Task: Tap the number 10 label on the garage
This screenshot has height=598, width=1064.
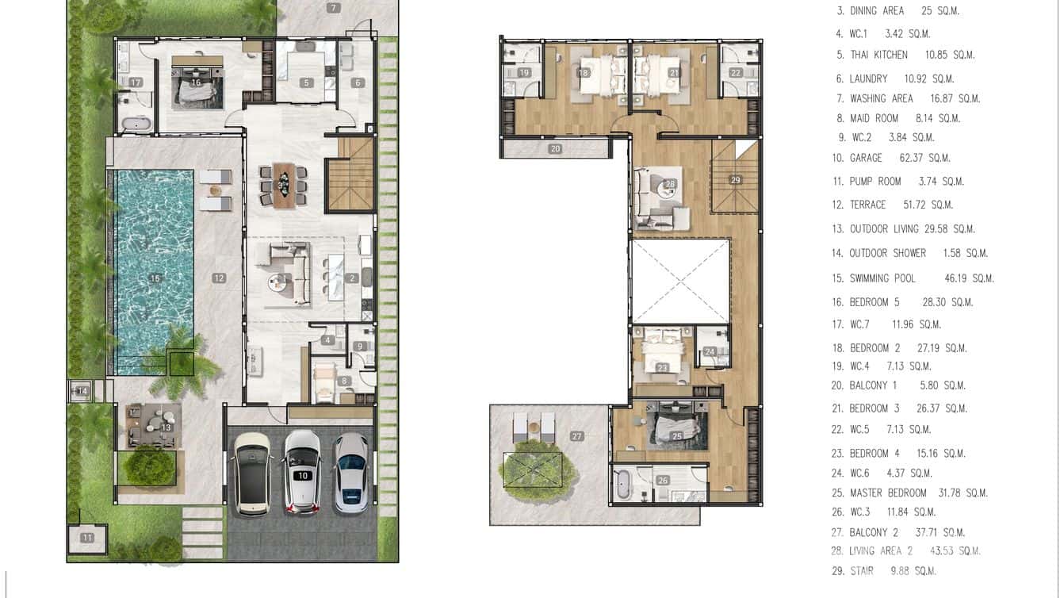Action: coord(302,475)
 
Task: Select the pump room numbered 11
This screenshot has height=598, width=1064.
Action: coord(86,538)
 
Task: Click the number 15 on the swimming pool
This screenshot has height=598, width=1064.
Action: coord(155,278)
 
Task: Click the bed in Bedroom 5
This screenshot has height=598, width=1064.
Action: coord(195,87)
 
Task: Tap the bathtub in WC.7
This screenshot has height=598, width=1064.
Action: coord(136,123)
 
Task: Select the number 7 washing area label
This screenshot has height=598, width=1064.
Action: coord(333,8)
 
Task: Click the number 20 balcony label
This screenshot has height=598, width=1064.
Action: coord(555,148)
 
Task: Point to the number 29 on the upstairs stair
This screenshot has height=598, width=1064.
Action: coord(735,180)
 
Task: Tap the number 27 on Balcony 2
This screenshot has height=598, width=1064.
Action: coord(576,436)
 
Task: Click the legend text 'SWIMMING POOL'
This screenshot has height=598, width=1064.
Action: coord(882,278)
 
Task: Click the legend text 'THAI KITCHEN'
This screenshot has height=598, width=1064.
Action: coord(878,55)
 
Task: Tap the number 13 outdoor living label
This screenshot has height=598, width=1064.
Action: coord(166,427)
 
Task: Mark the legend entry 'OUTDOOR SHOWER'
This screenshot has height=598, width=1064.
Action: coord(887,253)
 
